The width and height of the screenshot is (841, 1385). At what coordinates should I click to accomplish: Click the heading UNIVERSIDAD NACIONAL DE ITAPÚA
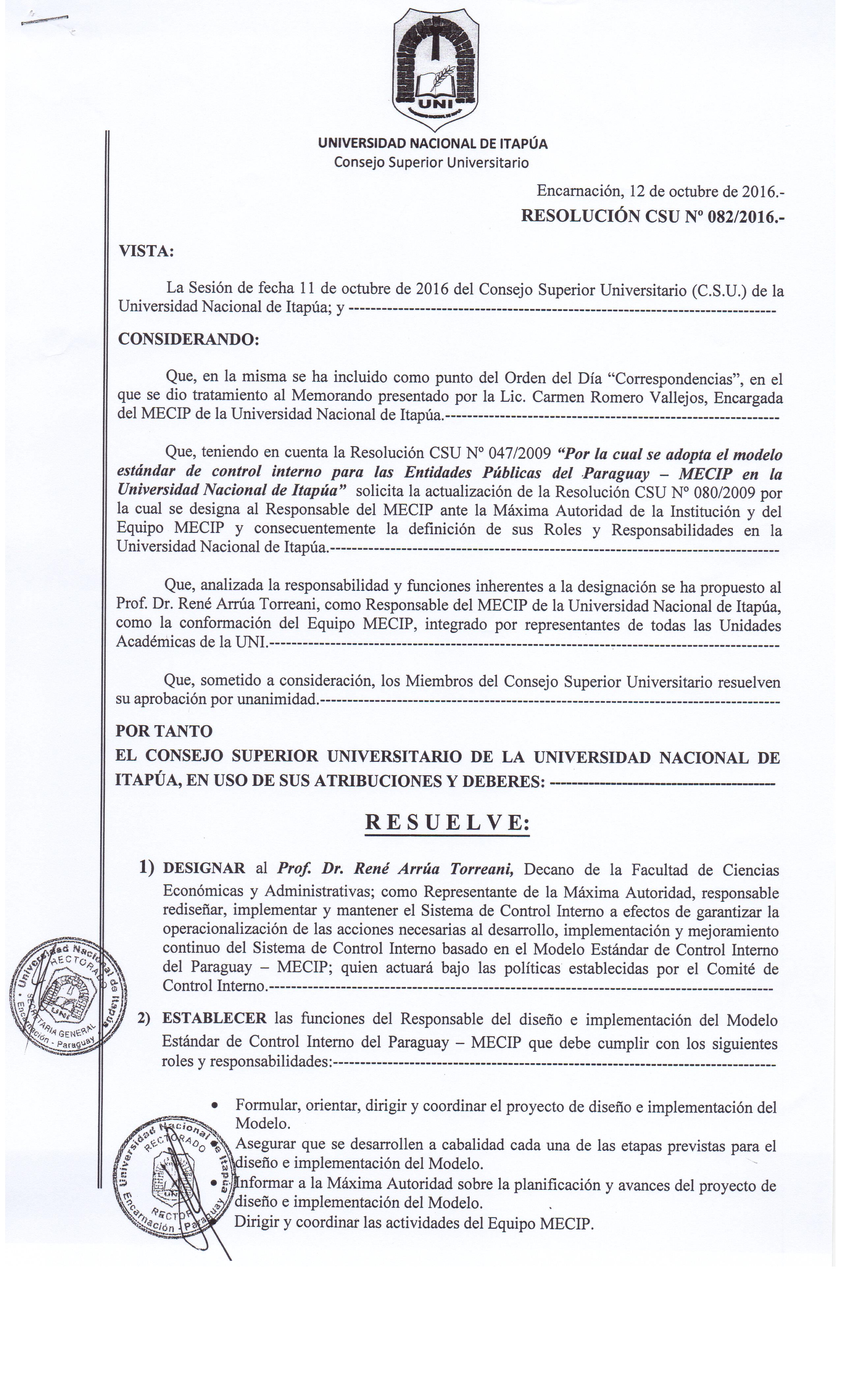click(x=433, y=144)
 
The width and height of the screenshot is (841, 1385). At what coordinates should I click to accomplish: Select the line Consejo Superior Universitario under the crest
click(x=431, y=163)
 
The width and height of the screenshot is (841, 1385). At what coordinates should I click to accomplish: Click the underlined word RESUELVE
click(x=447, y=823)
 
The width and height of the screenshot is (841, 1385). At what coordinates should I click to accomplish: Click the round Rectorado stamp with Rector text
click(x=171, y=1172)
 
